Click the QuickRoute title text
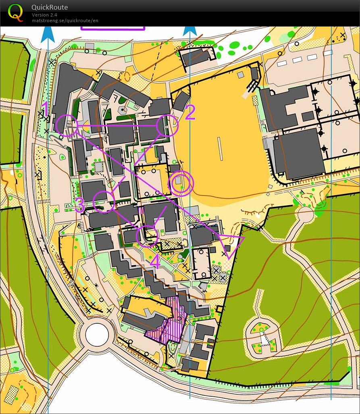tap(50, 7)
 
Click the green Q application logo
tap(16, 12)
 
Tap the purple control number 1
tap(46, 109)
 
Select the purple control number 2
tap(190, 112)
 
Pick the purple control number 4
tap(155, 262)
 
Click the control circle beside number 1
tap(67, 125)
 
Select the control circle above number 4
tap(147, 236)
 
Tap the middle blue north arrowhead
tap(190, 31)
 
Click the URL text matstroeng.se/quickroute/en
tap(65, 21)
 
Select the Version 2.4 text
tap(44, 15)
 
